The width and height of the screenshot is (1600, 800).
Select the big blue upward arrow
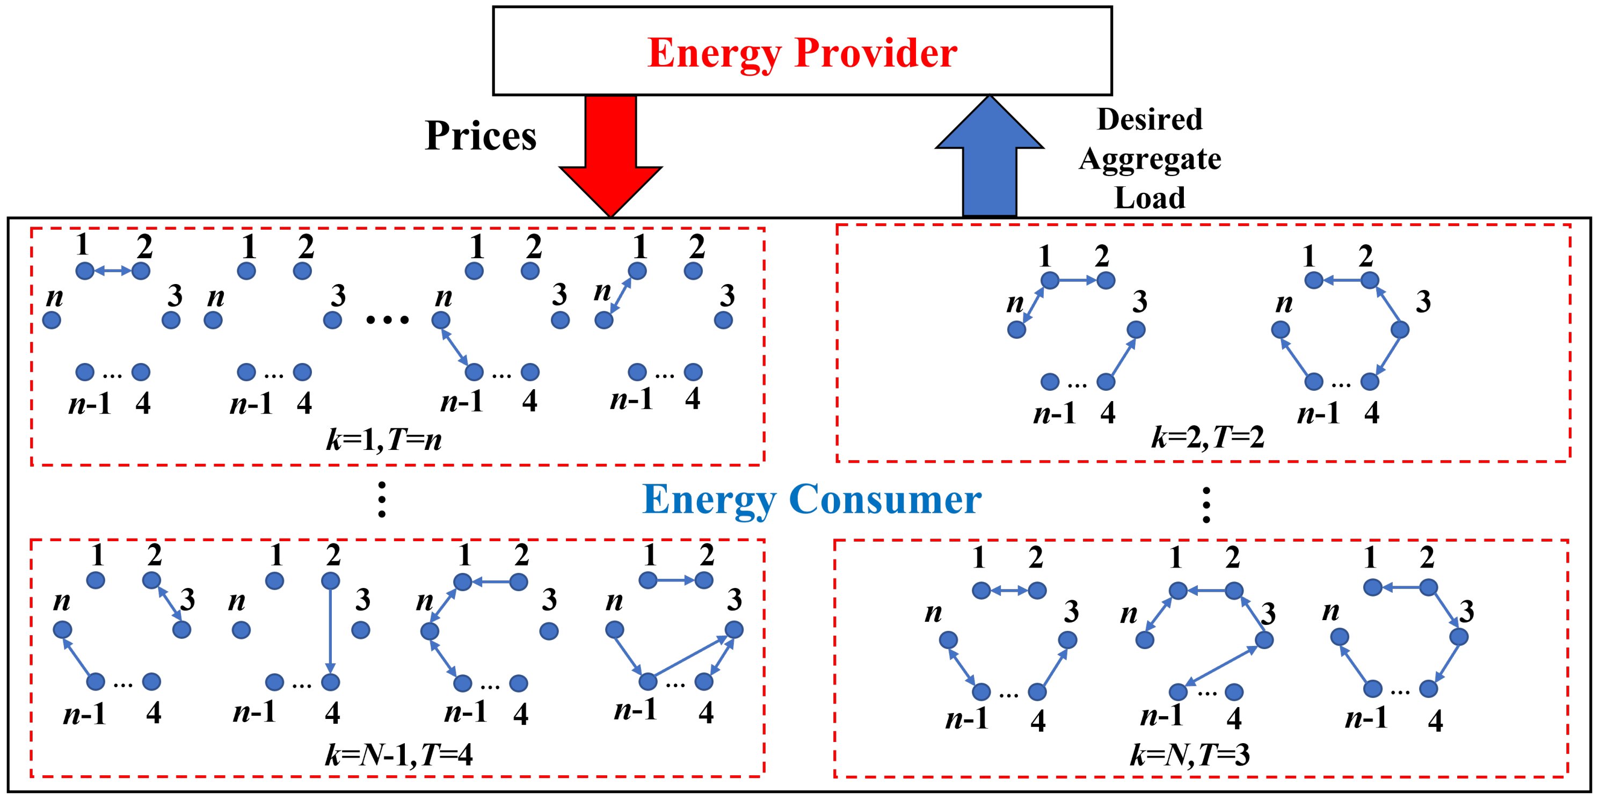tap(990, 162)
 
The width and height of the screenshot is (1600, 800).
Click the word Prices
tap(480, 135)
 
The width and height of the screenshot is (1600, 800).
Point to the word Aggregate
tap(1150, 159)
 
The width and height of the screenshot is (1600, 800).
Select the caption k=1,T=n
tap(384, 440)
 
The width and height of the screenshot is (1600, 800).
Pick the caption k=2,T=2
tap(1207, 437)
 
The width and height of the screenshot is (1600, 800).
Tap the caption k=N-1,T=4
tap(398, 755)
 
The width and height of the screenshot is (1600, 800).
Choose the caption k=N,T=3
tap(1189, 755)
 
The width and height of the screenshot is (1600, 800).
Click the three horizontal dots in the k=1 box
tap(388, 321)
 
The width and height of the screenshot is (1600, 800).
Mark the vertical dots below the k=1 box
tap(382, 499)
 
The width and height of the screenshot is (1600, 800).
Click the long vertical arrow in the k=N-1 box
tap(330, 631)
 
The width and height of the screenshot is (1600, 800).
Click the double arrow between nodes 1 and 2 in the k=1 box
tap(113, 271)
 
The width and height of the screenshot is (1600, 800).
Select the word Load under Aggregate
tap(1150, 198)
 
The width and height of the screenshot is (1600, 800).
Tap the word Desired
tap(1150, 119)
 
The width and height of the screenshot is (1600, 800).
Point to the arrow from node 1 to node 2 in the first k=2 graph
tap(1078, 281)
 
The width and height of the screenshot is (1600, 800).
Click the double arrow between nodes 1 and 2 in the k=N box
tap(1009, 591)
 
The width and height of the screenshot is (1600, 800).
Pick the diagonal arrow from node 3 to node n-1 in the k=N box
tap(1221, 666)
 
